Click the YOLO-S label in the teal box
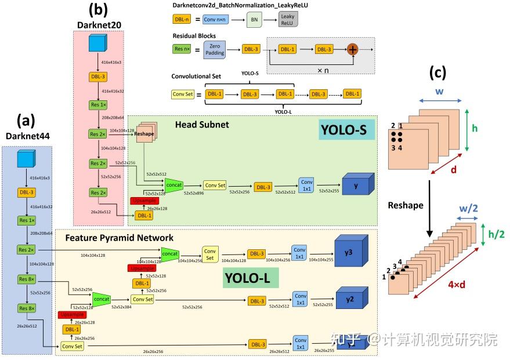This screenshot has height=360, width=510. [x=346, y=130]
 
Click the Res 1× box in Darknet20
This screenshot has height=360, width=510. [x=97, y=105]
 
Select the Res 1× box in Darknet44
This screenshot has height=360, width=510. [x=27, y=220]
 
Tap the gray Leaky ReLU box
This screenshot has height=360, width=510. [x=288, y=20]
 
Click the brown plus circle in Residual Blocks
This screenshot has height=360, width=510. [x=352, y=49]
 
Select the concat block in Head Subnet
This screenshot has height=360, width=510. [x=173, y=184]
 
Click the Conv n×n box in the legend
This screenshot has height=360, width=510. [x=218, y=19]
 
